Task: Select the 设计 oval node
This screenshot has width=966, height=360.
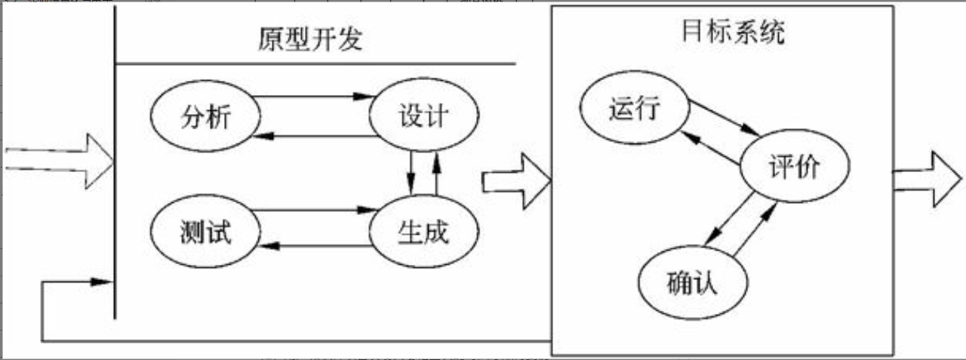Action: click(423, 117)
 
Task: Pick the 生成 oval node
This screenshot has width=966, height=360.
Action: click(423, 231)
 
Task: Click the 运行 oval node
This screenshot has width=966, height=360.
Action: click(634, 110)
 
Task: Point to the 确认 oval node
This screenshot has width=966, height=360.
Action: click(692, 285)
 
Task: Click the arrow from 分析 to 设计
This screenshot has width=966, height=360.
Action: click(313, 97)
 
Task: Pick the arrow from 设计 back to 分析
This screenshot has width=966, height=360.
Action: click(313, 137)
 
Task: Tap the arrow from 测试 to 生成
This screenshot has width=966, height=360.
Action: click(313, 210)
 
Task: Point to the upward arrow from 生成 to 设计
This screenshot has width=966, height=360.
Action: click(436, 174)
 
